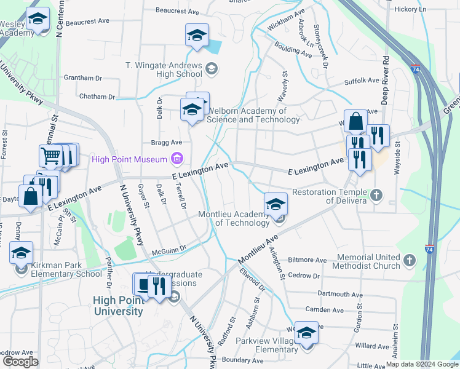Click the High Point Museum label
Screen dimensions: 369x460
pyautogui.click(x=130, y=160)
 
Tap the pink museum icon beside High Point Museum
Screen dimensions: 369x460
pyautogui.click(x=177, y=160)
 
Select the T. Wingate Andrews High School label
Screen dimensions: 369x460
pyautogui.click(x=163, y=69)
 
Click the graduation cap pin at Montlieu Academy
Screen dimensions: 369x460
pyautogui.click(x=276, y=203)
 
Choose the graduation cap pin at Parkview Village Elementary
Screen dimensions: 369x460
pyautogui.click(x=306, y=332)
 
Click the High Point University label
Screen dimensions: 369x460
pyautogui.click(x=118, y=306)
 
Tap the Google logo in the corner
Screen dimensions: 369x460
pyautogui.click(x=20, y=362)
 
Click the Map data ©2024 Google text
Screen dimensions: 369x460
pyautogui.click(x=422, y=364)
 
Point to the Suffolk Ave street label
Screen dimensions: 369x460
pyautogui.click(x=362, y=81)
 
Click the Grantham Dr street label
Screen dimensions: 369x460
pyautogui.click(x=82, y=78)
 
